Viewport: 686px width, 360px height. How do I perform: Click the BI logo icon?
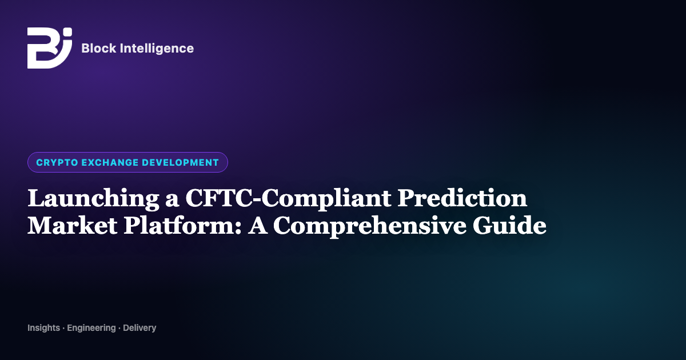(x=50, y=48)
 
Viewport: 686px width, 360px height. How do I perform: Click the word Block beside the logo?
(x=98, y=49)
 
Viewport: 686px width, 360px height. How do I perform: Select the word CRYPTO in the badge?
(x=57, y=162)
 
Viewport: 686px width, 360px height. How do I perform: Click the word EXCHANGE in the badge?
(x=110, y=162)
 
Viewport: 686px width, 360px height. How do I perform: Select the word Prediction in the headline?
(x=462, y=198)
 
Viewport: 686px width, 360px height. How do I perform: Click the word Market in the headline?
(x=72, y=226)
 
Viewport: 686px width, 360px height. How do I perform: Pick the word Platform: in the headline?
(x=182, y=226)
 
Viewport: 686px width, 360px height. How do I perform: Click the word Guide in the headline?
(x=509, y=225)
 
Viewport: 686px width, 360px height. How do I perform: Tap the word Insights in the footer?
(x=44, y=328)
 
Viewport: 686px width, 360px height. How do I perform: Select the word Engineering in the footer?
(x=91, y=328)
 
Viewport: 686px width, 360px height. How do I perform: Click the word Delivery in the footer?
(x=139, y=328)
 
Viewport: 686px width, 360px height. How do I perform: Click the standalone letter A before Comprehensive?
(x=257, y=226)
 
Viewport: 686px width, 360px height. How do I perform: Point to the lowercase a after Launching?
(x=172, y=200)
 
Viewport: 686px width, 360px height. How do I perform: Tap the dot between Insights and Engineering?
(x=63, y=329)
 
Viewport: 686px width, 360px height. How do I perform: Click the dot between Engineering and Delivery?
(x=119, y=329)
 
